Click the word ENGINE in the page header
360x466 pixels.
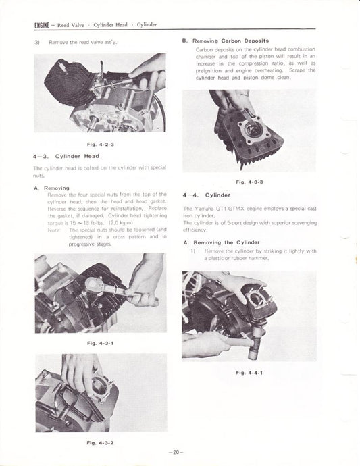[43, 25]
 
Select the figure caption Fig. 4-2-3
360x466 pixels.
[100, 145]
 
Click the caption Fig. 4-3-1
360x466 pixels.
[101, 344]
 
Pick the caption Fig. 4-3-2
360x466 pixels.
[101, 442]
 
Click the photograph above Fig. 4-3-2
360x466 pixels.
[100, 394]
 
